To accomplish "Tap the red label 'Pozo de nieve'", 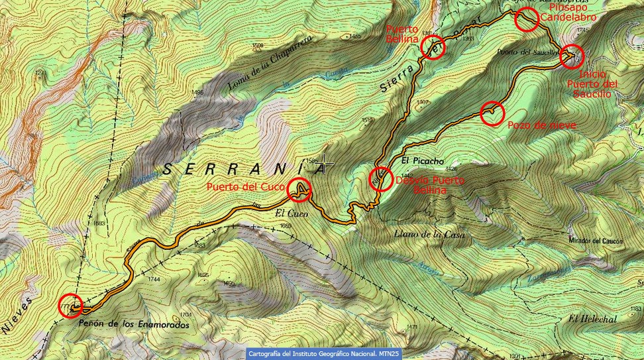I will (541, 125).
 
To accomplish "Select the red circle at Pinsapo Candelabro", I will (527, 20).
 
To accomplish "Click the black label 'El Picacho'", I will (422, 161).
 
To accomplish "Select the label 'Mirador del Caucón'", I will (596, 242).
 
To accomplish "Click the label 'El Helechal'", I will (592, 319).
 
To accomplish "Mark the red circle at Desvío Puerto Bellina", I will (380, 180).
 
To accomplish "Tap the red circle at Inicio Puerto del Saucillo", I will (571, 56).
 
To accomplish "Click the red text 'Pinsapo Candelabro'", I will (572, 11).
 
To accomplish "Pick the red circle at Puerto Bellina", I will (432, 48).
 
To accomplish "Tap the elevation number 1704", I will (186, 314).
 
